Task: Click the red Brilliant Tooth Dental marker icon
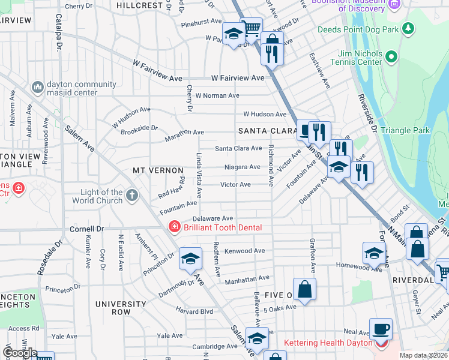(174, 227)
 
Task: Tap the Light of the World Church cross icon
(131, 195)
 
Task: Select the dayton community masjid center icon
(37, 88)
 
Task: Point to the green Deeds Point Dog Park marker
(408, 28)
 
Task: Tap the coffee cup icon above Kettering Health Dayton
(381, 329)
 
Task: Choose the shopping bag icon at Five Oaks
(305, 289)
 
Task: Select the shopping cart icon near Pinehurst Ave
(252, 28)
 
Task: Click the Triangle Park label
(409, 130)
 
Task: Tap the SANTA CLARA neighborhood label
(267, 130)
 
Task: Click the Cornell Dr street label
(87, 229)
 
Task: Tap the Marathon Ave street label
(185, 132)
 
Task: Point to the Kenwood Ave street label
(244, 251)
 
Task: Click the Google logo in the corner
(19, 353)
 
